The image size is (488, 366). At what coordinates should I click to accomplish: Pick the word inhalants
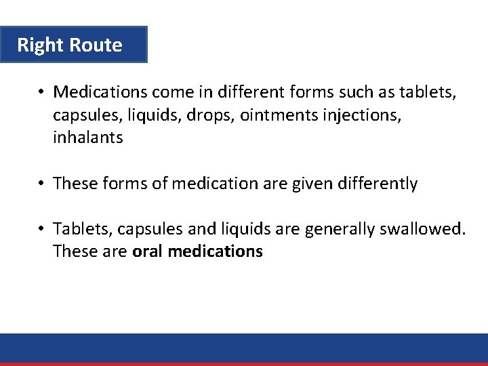(x=88, y=138)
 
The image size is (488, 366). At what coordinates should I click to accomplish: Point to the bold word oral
(x=148, y=251)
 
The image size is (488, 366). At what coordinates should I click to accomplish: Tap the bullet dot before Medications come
(x=41, y=91)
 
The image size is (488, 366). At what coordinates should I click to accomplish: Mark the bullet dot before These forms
(x=41, y=183)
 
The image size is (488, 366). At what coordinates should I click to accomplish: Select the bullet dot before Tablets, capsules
(x=41, y=228)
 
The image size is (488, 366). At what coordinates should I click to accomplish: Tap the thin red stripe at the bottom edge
(x=244, y=364)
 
